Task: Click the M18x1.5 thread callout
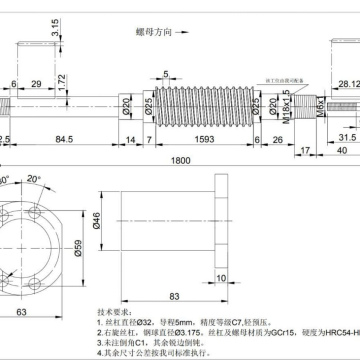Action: coord(286,102)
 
